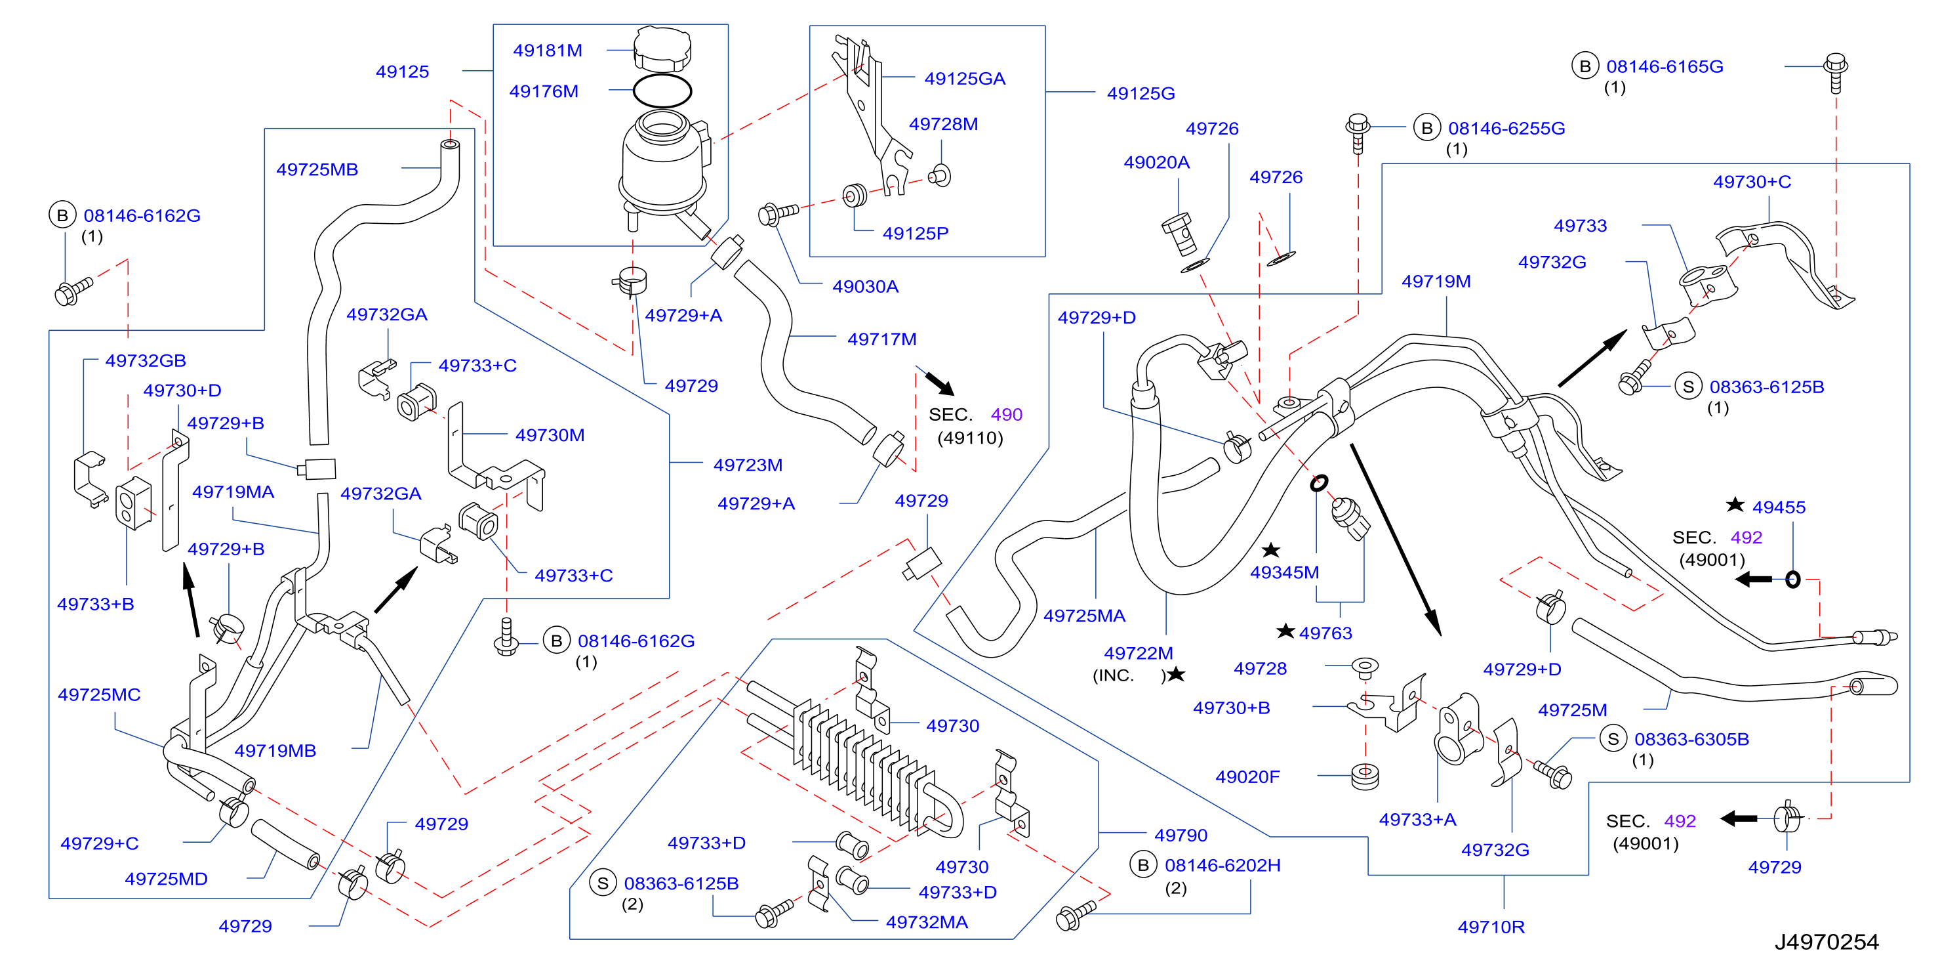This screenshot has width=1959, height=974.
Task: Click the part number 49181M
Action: [548, 51]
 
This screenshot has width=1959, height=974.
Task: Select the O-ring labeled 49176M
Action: [662, 91]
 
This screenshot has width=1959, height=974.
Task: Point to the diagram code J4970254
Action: [1826, 942]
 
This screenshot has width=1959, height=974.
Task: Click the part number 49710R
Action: [1491, 927]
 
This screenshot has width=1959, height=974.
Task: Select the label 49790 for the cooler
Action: [1181, 836]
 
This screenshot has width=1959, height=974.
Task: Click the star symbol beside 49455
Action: [1735, 505]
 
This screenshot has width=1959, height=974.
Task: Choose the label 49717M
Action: [881, 339]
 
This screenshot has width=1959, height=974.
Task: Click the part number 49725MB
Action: [317, 170]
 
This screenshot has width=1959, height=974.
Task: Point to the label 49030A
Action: [866, 287]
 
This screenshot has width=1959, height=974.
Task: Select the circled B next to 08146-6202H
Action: [1142, 865]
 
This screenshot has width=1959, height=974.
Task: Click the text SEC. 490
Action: [975, 415]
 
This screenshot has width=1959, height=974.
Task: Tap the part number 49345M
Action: [1284, 573]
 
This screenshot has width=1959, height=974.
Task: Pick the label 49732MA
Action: [926, 922]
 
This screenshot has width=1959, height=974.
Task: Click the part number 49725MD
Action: [166, 879]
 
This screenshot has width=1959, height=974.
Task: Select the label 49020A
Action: [1156, 162]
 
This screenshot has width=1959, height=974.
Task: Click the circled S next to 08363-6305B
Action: [1612, 739]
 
